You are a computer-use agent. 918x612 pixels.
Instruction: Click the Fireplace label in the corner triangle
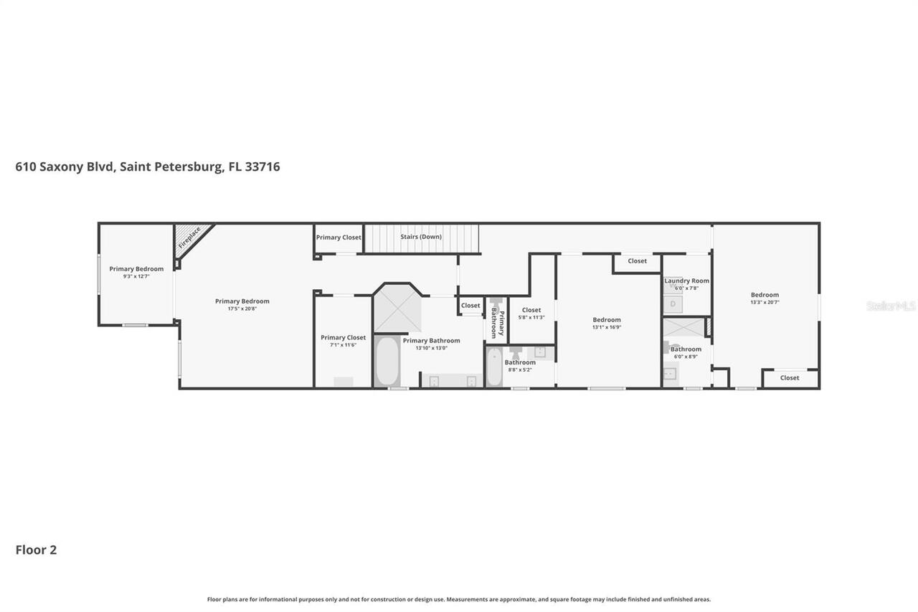coord(189,236)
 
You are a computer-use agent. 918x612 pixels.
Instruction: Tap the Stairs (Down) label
coord(421,237)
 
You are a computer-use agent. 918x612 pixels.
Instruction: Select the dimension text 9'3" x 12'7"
coord(136,276)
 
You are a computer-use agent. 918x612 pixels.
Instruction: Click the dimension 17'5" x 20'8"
coord(242,309)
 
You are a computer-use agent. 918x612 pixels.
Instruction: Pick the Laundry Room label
coord(686,281)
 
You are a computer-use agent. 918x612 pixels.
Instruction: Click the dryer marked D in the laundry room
coord(673,304)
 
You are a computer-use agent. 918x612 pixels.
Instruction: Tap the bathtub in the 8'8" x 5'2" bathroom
coord(494,367)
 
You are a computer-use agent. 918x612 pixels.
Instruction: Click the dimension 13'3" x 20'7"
coord(765,302)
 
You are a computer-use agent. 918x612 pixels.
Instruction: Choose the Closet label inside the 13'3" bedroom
coord(790,378)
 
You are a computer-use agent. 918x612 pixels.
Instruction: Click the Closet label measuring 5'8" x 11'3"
coord(531,310)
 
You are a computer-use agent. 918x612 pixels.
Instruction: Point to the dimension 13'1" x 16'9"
coord(607,327)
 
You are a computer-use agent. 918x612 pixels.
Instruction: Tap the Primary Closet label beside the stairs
coord(339,237)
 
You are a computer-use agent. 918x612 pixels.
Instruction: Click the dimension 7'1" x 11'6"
coord(343,345)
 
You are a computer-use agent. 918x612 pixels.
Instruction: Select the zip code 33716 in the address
coord(262,166)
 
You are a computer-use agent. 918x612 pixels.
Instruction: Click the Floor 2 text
coord(36,550)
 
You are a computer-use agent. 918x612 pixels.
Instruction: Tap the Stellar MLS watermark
coord(891,306)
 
